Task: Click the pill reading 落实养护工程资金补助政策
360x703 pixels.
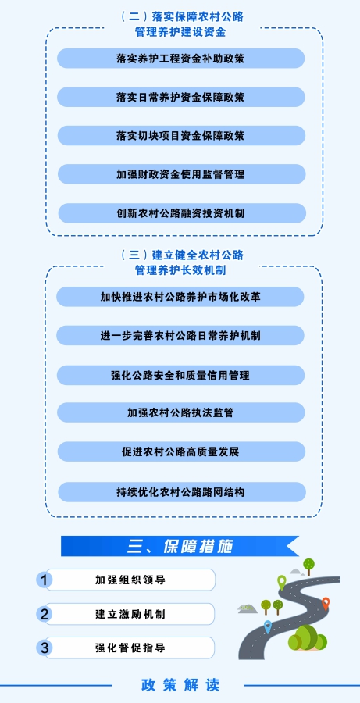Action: [180, 59]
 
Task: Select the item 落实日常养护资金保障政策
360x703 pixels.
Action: [180, 97]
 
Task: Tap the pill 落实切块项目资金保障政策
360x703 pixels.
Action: [180, 135]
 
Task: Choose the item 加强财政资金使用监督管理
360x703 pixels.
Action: [180, 174]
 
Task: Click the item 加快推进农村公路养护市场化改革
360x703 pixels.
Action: [180, 297]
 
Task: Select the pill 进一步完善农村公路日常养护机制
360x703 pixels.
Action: [180, 335]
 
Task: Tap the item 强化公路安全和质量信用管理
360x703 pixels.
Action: [180, 375]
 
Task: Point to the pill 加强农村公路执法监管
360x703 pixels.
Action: [180, 412]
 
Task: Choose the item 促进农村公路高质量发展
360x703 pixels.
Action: [180, 451]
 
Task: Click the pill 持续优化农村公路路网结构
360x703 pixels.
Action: [182, 492]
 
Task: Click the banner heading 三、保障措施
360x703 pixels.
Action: [180, 547]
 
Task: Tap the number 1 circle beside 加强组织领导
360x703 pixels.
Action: [44, 580]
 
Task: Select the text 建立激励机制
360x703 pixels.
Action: [130, 614]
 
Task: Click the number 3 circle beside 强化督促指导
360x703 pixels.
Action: [44, 648]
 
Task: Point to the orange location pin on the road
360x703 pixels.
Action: [326, 604]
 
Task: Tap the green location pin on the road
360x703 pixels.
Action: [282, 582]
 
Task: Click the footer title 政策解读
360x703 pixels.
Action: [180, 684]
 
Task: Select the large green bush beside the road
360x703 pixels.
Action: [308, 638]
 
